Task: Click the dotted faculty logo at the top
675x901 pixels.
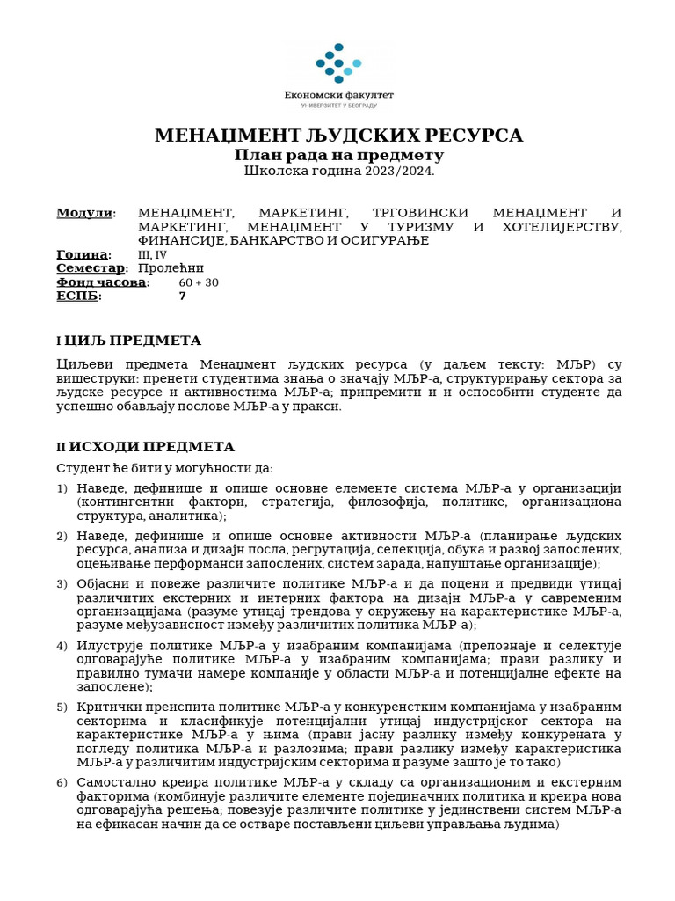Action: (338, 63)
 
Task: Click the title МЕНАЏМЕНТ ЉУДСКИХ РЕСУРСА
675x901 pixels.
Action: (338, 136)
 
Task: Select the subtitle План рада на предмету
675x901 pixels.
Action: (338, 155)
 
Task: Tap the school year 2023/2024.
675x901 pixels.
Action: (338, 171)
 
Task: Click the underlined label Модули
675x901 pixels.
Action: (85, 213)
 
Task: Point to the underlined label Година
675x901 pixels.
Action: (83, 255)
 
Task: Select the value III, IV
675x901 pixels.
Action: (152, 255)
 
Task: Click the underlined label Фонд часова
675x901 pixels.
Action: (102, 282)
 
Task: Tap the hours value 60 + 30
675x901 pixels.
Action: (198, 282)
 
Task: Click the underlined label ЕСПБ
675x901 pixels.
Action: (78, 297)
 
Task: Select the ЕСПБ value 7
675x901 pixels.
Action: (182, 297)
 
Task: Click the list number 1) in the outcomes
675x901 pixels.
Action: (62, 489)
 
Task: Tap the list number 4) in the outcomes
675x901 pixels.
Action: (62, 646)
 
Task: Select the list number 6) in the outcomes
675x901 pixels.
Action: (62, 782)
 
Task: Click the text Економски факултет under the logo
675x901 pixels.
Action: (338, 94)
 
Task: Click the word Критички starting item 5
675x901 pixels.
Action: (105, 707)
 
